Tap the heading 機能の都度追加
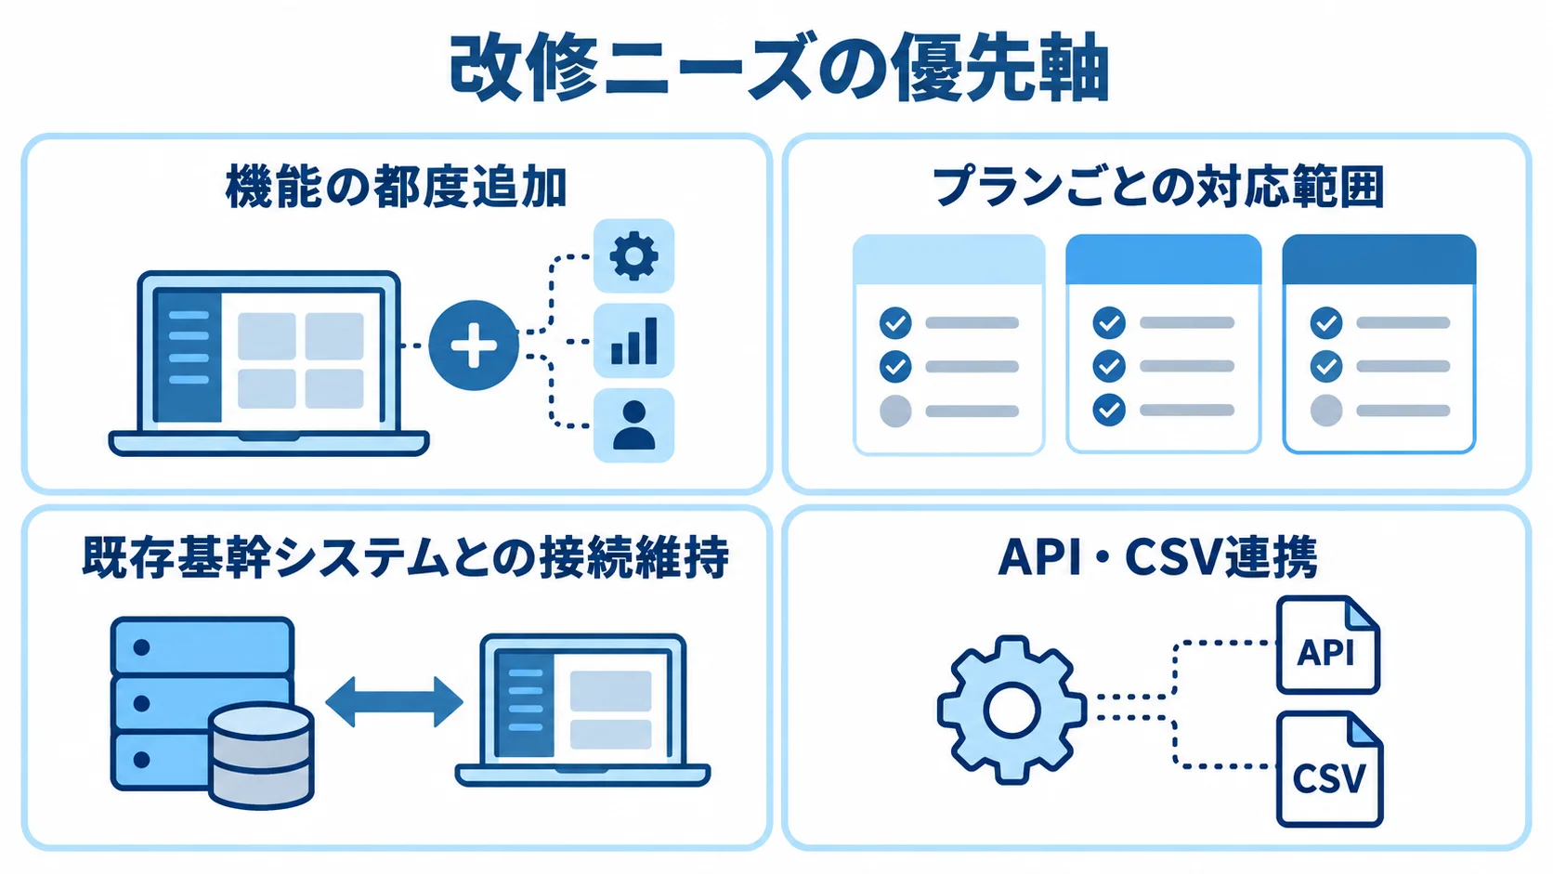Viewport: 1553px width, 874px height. [397, 187]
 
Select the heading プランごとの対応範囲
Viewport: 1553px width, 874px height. [1158, 187]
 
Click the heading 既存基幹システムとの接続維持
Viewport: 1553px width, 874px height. [406, 556]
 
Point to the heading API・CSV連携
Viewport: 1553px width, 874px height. [1158, 556]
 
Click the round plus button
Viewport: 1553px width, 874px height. [474, 345]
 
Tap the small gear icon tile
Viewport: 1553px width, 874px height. [633, 255]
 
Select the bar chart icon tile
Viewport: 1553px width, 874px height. [633, 340]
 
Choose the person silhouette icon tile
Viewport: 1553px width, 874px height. [633, 424]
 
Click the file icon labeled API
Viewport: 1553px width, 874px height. [1327, 646]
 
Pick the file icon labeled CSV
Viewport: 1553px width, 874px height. [1330, 769]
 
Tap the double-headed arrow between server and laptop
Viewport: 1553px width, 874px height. [394, 701]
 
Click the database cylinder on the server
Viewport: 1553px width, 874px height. [261, 755]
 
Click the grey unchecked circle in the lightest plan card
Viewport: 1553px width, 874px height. [895, 411]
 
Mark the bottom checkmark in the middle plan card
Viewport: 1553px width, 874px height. [1109, 410]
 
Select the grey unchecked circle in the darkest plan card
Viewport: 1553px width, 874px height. [1326, 411]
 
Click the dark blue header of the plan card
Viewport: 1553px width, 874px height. [1379, 259]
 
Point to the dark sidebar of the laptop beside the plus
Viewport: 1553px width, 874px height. [189, 357]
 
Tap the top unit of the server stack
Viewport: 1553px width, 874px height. [202, 646]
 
